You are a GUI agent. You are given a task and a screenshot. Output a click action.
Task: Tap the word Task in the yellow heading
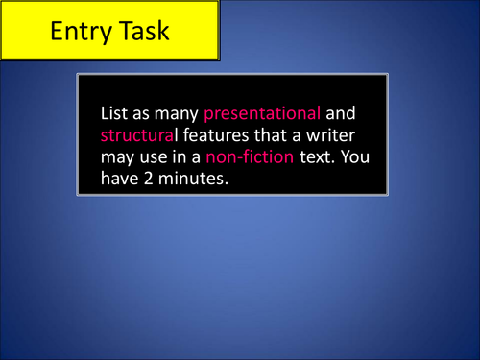pyautogui.click(x=139, y=31)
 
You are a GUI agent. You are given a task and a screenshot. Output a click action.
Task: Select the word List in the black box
pyautogui.click(x=114, y=112)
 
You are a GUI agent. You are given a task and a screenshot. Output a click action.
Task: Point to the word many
pyautogui.click(x=176, y=112)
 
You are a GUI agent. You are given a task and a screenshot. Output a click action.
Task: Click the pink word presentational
pyautogui.click(x=262, y=112)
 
